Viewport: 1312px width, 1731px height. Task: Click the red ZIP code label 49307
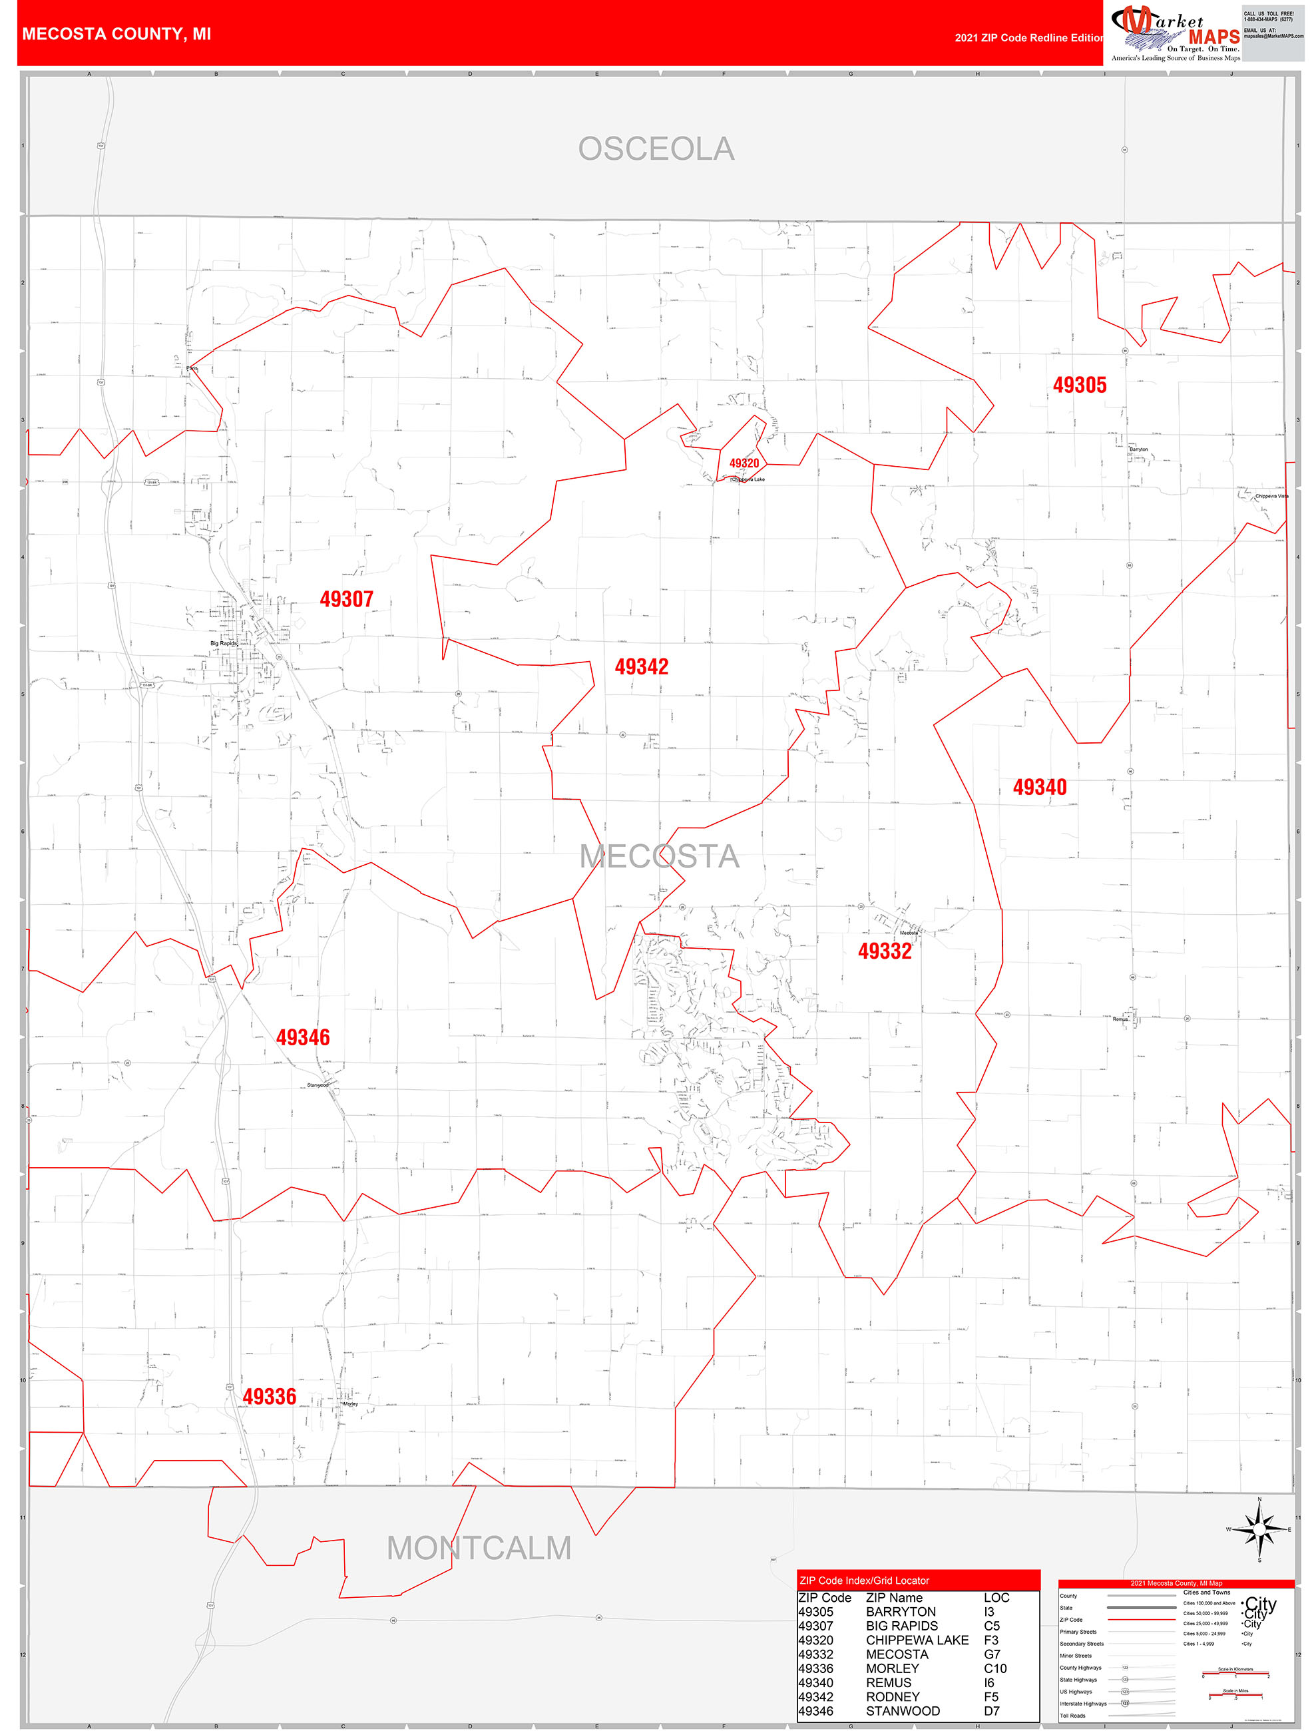[347, 599]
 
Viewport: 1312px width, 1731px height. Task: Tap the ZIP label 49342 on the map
[642, 666]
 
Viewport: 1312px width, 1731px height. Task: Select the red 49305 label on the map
[1080, 385]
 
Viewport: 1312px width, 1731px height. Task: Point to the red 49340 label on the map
[1040, 787]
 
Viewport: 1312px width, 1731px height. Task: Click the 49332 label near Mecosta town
[885, 951]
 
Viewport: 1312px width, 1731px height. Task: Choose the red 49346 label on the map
[303, 1038]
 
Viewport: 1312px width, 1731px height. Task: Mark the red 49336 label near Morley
[269, 1397]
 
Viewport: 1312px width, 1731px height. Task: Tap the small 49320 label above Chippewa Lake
[744, 463]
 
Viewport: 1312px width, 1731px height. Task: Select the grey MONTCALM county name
[479, 1548]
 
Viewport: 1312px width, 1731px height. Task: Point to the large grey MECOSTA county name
[659, 856]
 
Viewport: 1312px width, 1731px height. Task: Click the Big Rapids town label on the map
[223, 643]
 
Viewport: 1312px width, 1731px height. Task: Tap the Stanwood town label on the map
[318, 1085]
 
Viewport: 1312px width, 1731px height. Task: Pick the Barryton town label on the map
[1139, 449]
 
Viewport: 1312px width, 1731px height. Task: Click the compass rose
[1259, 1529]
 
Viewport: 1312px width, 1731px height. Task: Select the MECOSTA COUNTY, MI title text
[116, 35]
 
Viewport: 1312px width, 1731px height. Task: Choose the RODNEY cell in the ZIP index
[893, 1696]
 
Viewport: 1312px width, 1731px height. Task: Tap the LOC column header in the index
[996, 1597]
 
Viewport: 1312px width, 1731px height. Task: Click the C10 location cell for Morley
[995, 1668]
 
